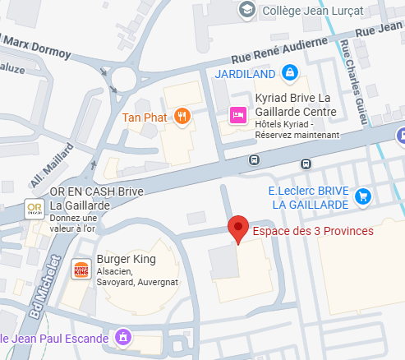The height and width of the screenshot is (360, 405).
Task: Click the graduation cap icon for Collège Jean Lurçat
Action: (246, 10)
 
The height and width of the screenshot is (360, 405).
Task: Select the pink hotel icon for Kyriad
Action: (238, 116)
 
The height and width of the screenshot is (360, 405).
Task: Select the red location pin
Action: (237, 229)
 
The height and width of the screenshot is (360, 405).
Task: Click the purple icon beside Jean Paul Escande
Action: (122, 337)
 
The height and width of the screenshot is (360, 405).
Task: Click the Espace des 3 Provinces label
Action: (312, 231)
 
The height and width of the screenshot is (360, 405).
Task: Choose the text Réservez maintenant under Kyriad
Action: (297, 135)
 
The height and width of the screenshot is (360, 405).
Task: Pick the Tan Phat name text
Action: (145, 117)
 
